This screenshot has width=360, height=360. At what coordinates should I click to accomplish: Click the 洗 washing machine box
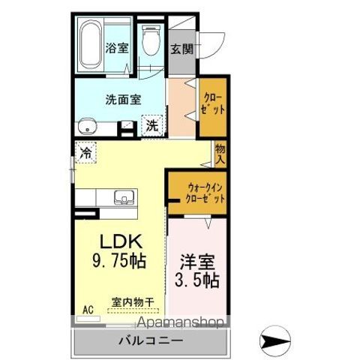pos(152,125)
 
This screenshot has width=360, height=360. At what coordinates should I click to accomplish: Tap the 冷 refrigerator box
pos(86,152)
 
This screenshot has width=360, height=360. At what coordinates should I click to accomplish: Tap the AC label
pos(88,309)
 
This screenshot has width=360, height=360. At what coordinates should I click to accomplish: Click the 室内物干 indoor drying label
pos(133,302)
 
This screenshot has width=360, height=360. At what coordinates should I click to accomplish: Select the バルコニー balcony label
pos(149,341)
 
